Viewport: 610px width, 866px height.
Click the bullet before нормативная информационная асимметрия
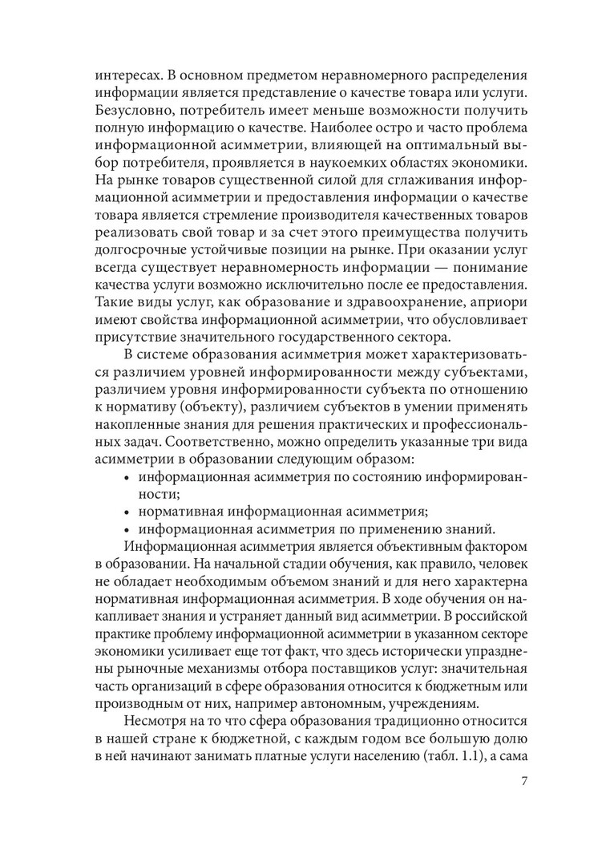point(127,511)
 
